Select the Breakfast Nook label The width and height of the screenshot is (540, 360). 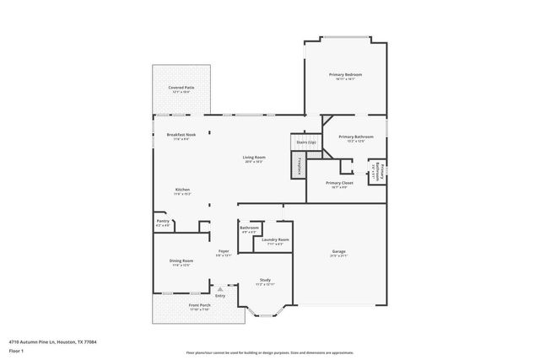tap(181, 135)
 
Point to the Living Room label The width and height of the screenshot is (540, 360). tap(254, 158)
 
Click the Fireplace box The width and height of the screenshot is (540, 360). tap(298, 166)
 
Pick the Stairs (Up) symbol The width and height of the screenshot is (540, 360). tap(305, 142)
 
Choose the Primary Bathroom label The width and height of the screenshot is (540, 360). tap(356, 137)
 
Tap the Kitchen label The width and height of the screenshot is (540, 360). tap(182, 190)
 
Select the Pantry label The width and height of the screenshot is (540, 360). tap(163, 222)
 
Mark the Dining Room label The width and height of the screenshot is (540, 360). tap(182, 261)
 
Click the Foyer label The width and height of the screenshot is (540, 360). tap(224, 251)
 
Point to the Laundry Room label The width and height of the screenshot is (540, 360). tap(275, 240)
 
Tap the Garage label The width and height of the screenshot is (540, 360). tap(338, 251)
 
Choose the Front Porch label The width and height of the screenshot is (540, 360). tap(177, 307)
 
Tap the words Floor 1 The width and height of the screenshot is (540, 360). tap(16, 351)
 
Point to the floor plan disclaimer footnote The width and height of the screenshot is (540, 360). tap(270, 351)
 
